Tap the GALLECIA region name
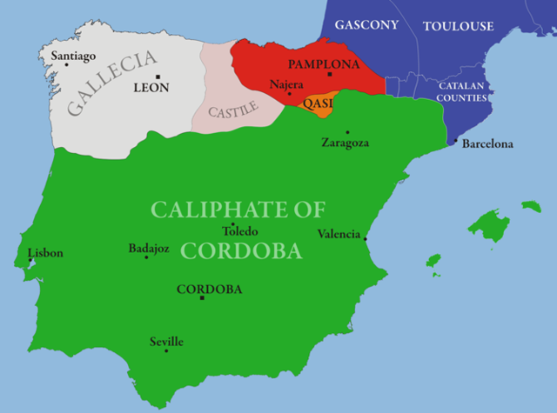tap(111, 83)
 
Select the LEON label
tap(151, 88)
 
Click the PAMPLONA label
tap(324, 65)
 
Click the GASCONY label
tap(366, 25)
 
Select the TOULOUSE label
tap(458, 26)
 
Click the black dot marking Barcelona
tap(455, 142)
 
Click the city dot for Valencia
tap(365, 238)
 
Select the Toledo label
tap(240, 232)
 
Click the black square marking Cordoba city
tap(202, 298)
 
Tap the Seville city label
tap(166, 342)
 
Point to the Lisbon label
tap(45, 254)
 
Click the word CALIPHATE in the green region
tap(238, 209)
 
